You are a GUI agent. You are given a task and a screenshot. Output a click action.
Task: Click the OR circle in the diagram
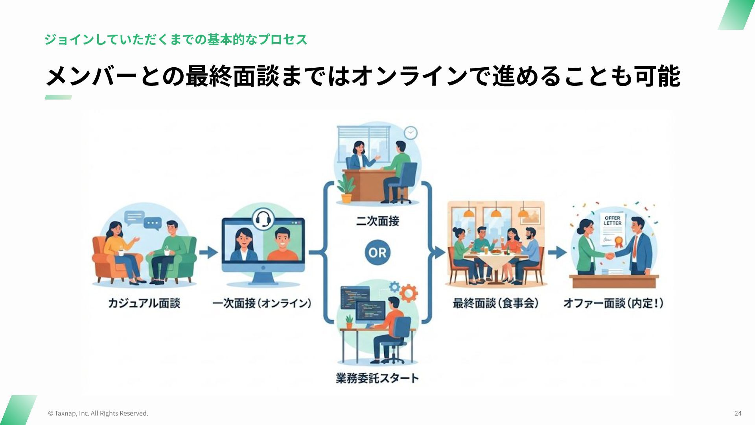(377, 252)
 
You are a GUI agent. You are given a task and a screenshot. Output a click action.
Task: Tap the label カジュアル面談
(144, 303)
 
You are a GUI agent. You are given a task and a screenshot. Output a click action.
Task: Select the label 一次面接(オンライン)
(262, 303)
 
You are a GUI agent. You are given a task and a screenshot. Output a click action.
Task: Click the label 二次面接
(377, 221)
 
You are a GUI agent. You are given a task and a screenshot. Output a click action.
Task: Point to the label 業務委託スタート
(377, 378)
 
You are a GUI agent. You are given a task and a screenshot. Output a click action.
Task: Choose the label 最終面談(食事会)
(495, 303)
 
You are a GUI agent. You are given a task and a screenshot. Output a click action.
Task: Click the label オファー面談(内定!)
(613, 303)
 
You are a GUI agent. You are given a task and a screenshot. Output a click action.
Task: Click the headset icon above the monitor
(263, 219)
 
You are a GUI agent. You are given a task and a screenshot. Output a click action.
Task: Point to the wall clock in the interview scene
(410, 133)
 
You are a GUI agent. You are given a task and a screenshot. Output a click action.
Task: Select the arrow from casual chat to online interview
(208, 252)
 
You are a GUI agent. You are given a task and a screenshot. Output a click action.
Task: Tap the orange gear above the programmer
(409, 293)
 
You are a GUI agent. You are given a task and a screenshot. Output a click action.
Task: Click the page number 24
(738, 413)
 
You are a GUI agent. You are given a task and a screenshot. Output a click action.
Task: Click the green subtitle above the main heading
(176, 39)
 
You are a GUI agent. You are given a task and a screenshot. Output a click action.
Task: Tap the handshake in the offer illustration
(609, 256)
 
